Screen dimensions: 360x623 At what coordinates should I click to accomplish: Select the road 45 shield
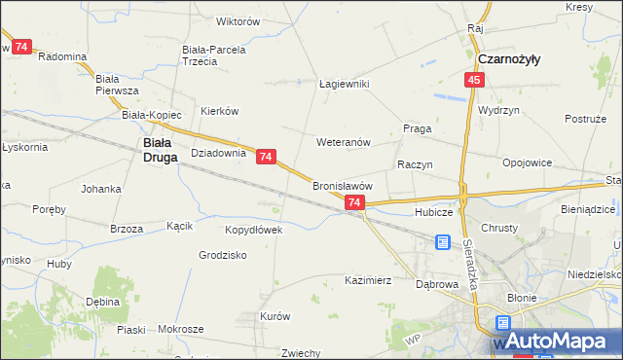(x=473, y=81)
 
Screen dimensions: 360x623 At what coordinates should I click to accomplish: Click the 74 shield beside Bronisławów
(x=353, y=202)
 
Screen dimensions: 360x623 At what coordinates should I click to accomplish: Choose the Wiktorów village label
(x=238, y=20)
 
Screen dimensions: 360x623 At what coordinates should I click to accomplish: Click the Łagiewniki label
(x=345, y=84)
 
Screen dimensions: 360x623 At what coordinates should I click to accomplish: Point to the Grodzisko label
(x=223, y=255)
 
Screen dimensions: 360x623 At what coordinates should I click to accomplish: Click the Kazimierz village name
(x=368, y=280)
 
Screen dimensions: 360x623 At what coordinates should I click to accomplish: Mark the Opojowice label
(x=528, y=162)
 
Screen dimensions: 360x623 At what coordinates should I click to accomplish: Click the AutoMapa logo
(x=556, y=342)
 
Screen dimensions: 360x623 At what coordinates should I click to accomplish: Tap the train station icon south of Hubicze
(x=444, y=241)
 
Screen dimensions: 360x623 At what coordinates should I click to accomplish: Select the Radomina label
(x=62, y=56)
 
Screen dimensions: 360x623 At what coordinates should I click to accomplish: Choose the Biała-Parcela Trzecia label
(x=214, y=54)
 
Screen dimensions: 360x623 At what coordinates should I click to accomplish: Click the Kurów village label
(x=275, y=316)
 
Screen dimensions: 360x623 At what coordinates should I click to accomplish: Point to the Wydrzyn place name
(x=498, y=110)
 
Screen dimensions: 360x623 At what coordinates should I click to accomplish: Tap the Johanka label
(x=101, y=188)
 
